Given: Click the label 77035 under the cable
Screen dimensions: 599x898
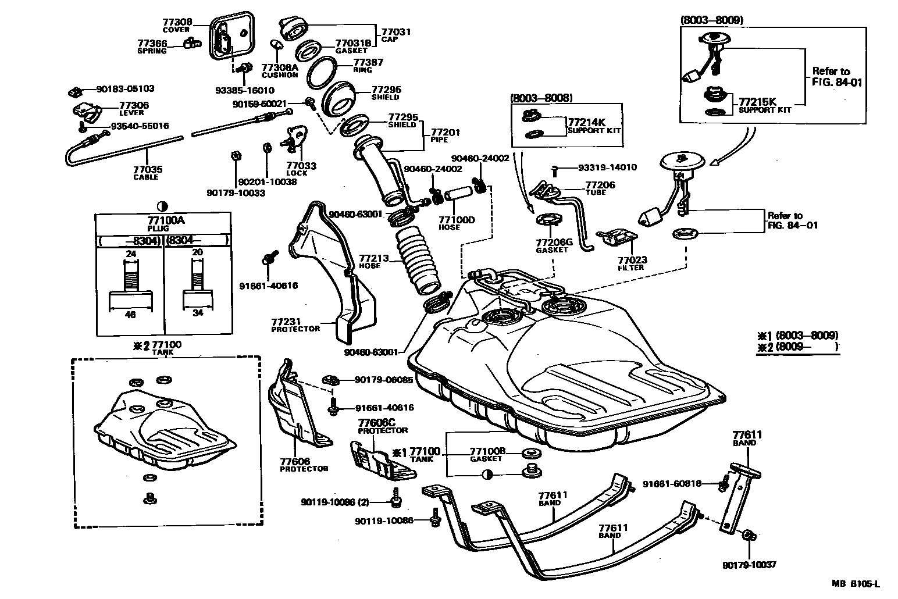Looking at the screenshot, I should [x=148, y=169].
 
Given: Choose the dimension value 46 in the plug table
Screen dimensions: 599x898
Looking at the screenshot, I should [x=131, y=315].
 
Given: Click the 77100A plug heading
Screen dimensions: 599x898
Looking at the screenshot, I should [x=162, y=220].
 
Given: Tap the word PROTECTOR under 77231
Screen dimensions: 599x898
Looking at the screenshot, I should [x=295, y=329].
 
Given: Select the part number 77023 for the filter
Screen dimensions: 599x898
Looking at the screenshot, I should [x=632, y=260].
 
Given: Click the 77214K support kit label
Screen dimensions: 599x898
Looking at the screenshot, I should [x=586, y=122].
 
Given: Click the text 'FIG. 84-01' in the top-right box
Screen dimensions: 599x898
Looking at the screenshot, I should [x=837, y=82].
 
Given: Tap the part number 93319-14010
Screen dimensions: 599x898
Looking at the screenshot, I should [x=607, y=167].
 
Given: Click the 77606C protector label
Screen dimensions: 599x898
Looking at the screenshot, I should [x=376, y=422].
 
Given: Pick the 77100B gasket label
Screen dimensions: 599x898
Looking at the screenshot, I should [x=487, y=451].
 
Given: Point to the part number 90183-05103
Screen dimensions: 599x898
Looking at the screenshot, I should [x=126, y=89].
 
